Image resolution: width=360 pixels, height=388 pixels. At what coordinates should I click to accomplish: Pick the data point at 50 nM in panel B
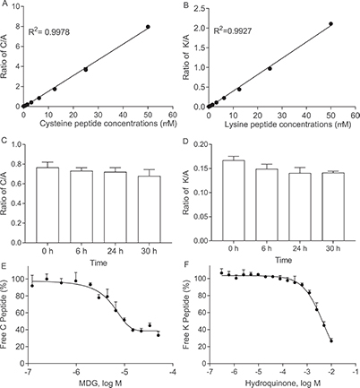tap(330, 24)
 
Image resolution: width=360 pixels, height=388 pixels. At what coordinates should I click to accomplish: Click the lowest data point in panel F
tap(331, 341)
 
